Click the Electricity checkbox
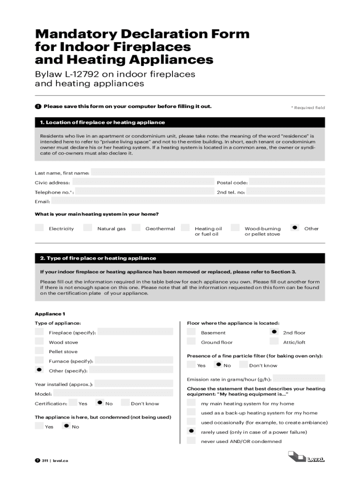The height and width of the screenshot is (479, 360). point(39,228)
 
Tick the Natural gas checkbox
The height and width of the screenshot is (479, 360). point(87,228)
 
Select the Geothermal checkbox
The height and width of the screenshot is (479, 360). point(136,228)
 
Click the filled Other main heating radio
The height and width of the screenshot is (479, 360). point(295,227)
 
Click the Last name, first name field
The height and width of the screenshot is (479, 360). point(208,173)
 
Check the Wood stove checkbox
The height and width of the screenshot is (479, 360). point(39,341)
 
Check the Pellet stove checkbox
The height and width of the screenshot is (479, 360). point(39,351)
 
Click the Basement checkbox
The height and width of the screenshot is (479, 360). point(191,332)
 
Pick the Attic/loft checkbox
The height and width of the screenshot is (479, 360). point(274,341)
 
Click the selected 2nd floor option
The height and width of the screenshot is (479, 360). point(274,332)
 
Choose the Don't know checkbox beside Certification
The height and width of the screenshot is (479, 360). point(125,403)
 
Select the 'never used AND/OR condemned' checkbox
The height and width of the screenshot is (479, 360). point(191,441)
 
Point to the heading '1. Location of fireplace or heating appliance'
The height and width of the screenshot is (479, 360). point(102,123)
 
